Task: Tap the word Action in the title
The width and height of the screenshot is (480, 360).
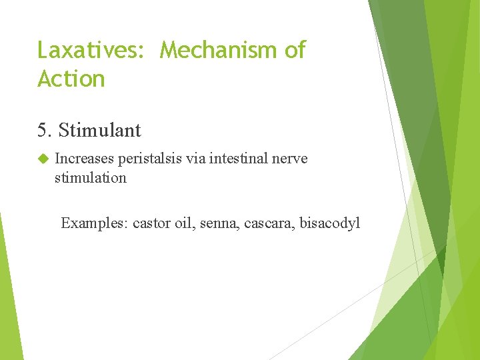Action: (x=71, y=79)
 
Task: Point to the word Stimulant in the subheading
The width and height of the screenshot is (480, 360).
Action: (x=99, y=130)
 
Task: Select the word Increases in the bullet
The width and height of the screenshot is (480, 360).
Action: (x=85, y=159)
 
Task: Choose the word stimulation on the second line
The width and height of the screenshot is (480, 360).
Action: (x=90, y=178)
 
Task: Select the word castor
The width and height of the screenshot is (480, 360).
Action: (x=151, y=223)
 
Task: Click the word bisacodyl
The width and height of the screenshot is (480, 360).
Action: (x=330, y=223)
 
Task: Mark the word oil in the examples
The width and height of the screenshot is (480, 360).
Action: (x=183, y=223)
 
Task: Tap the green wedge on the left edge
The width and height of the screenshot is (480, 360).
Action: (x=8, y=293)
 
